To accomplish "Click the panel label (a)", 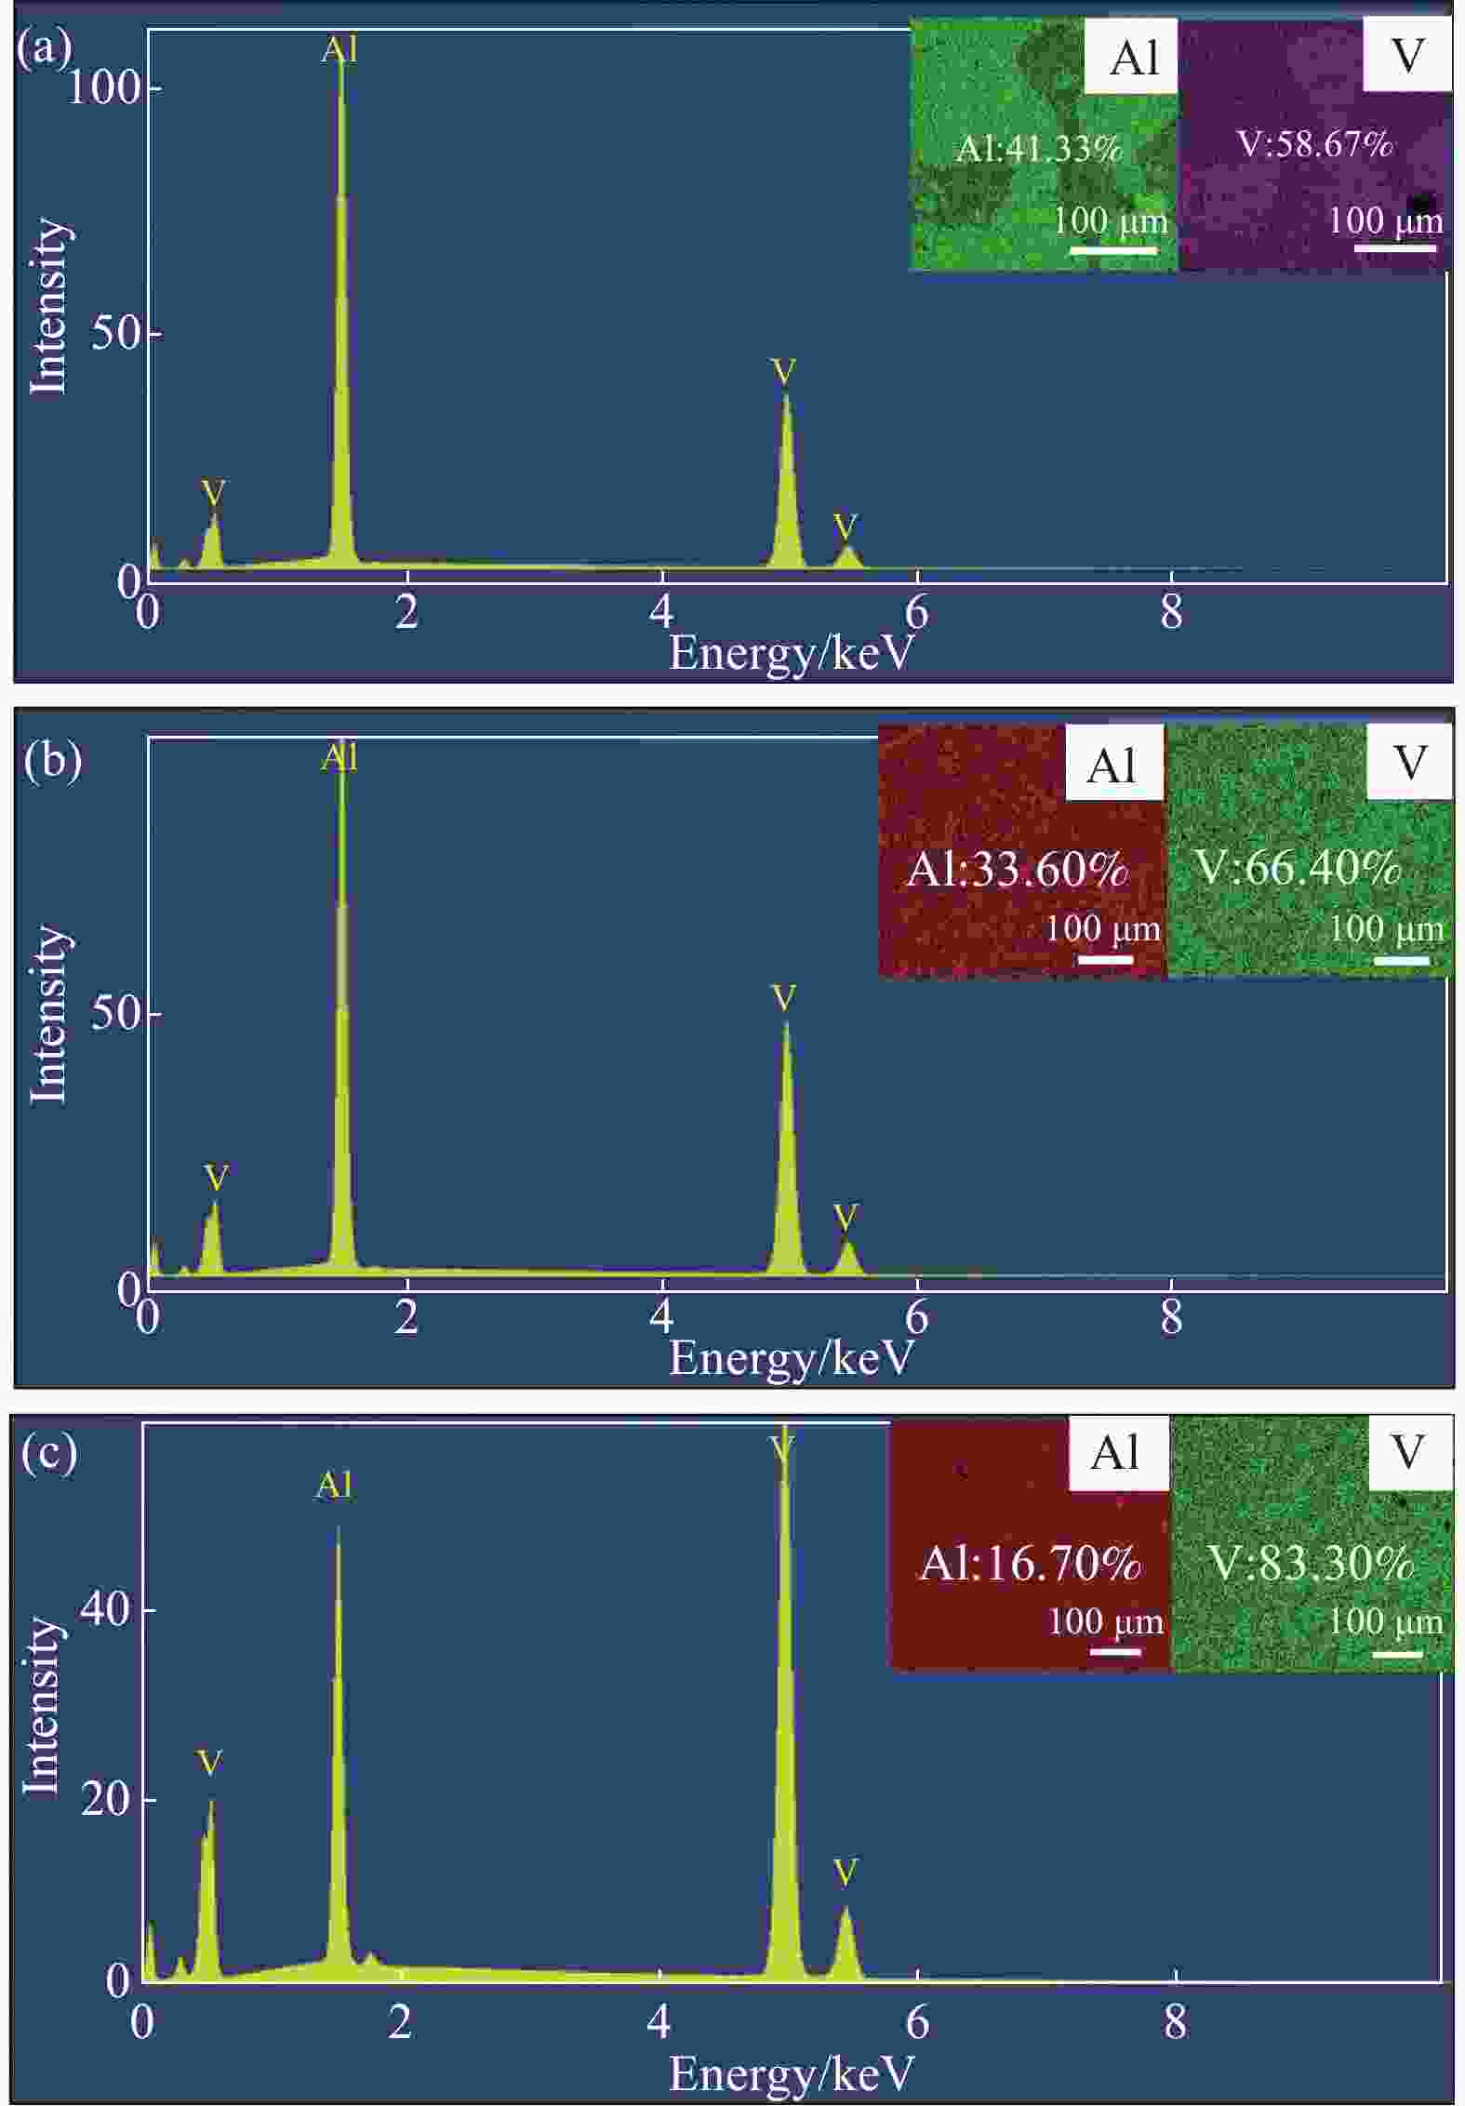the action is [x=44, y=49].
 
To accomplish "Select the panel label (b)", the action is [x=53, y=761].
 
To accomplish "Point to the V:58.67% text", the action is [x=1314, y=144].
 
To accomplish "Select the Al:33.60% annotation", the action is [x=1017, y=869].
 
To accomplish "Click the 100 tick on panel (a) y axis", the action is [x=103, y=87].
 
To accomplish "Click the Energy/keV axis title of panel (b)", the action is [x=792, y=1359].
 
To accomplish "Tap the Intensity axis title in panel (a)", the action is [x=49, y=306].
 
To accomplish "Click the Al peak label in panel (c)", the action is [x=334, y=1486].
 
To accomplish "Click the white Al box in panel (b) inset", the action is [x=1113, y=765].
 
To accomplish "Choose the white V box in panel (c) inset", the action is [x=1409, y=1453].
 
